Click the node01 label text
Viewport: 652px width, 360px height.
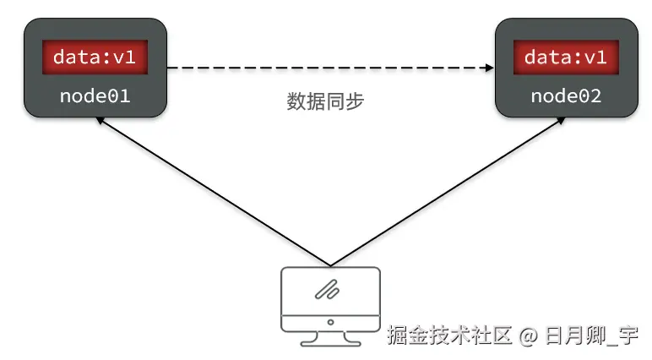pyautogui.click(x=95, y=95)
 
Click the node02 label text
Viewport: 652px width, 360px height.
pyautogui.click(x=566, y=95)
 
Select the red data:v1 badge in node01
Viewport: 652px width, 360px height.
pyautogui.click(x=95, y=57)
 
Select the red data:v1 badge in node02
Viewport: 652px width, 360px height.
pyautogui.click(x=566, y=57)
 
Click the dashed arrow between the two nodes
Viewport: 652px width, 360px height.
pyautogui.click(x=329, y=68)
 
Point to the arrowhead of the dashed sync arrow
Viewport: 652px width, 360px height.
pyautogui.click(x=489, y=68)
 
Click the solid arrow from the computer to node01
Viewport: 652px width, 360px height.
pyautogui.click(x=211, y=191)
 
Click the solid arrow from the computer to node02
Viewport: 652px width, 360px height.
pyautogui.click(x=448, y=191)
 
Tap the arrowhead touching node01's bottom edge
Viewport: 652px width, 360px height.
pyautogui.click(x=100, y=121)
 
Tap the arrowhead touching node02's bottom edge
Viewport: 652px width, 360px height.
pyautogui.click(x=560, y=121)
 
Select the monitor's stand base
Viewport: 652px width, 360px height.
pyautogui.click(x=329, y=341)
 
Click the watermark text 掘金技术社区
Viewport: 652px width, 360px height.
pyautogui.click(x=449, y=336)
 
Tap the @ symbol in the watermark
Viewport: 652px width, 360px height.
pyautogui.click(x=528, y=336)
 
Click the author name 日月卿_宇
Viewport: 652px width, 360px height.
pyautogui.click(x=590, y=336)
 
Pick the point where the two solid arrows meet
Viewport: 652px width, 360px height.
pyautogui.click(x=329, y=265)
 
